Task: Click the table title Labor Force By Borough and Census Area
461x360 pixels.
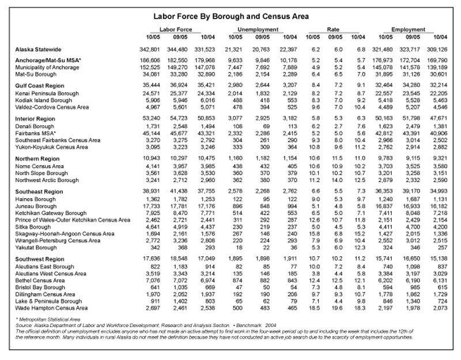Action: pyautogui.click(x=230, y=18)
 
